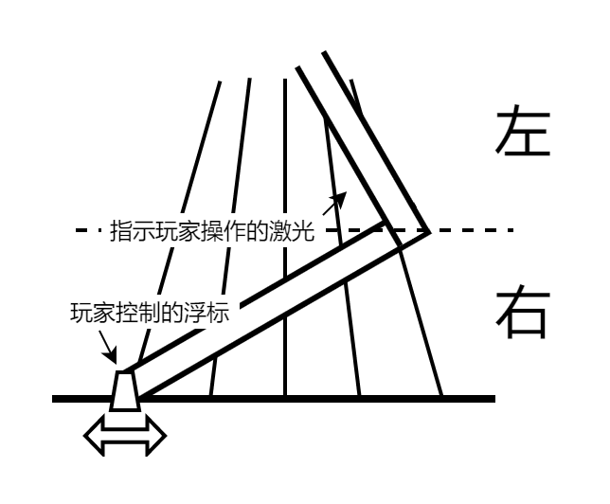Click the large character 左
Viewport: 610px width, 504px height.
pyautogui.click(x=523, y=131)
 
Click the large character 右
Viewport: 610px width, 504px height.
pyautogui.click(x=523, y=312)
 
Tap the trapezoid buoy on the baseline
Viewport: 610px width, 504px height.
pyautogui.click(x=125, y=390)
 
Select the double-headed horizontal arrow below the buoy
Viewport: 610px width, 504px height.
pyautogui.click(x=125, y=435)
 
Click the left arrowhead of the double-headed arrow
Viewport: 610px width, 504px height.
pyautogui.click(x=94, y=435)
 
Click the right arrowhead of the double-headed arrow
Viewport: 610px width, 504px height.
pyautogui.click(x=156, y=435)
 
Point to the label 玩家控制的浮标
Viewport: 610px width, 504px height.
pyautogui.click(x=150, y=312)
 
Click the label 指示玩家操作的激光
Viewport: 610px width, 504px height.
pyautogui.click(x=212, y=231)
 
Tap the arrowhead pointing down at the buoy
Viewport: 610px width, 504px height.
pyautogui.click(x=110, y=356)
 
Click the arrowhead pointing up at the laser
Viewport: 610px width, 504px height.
pyautogui.click(x=340, y=199)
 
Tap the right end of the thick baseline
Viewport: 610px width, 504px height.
pyautogui.click(x=494, y=399)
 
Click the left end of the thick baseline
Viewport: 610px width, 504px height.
pyautogui.click(x=53, y=399)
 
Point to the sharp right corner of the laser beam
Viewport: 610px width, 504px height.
pyautogui.click(x=429, y=232)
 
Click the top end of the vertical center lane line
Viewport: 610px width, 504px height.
pyautogui.click(x=285, y=79)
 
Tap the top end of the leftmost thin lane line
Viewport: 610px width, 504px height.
pyautogui.click(x=220, y=81)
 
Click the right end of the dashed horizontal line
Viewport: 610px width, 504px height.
pyautogui.click(x=512, y=230)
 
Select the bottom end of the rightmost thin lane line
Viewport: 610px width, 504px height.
pyautogui.click(x=441, y=395)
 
